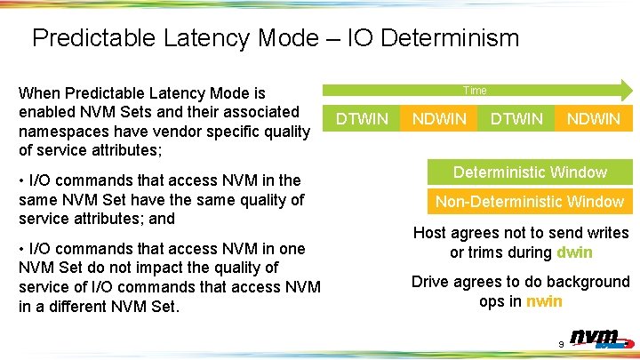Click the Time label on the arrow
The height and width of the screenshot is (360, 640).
[x=475, y=90]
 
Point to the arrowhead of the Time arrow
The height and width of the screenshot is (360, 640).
[x=626, y=90]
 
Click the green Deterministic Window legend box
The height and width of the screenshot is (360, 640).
[x=530, y=172]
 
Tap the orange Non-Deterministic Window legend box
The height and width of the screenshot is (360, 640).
[x=530, y=202]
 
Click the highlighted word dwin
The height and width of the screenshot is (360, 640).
[x=574, y=252]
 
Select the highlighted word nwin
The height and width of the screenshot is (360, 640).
[x=544, y=301]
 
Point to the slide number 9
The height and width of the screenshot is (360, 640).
[x=561, y=344]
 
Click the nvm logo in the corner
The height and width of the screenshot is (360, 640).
[x=597, y=339]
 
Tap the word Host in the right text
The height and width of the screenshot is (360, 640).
[x=432, y=233]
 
